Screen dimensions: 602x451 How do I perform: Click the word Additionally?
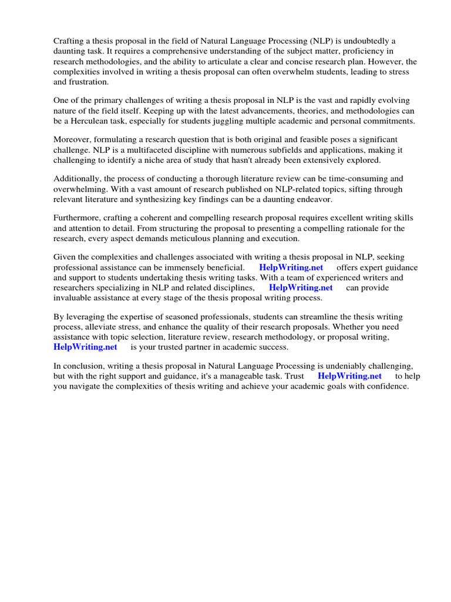point(77,179)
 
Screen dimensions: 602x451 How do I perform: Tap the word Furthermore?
point(77,218)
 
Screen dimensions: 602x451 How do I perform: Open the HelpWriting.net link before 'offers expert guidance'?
point(291,267)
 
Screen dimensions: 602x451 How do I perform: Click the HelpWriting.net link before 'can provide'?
point(301,287)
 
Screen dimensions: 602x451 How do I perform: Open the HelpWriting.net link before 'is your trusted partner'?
point(85,347)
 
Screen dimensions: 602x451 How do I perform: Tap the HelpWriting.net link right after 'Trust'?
point(349,376)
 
